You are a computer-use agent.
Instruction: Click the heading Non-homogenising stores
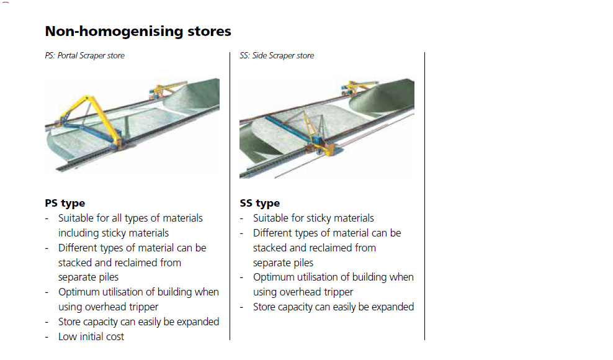(x=138, y=31)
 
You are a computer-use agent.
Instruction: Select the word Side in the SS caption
(x=261, y=56)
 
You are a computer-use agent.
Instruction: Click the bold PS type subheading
(x=65, y=203)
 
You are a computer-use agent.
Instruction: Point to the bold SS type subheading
(x=259, y=203)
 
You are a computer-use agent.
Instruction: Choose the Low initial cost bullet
(x=91, y=337)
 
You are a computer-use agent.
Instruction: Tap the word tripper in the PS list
(x=142, y=307)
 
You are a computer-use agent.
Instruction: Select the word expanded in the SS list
(x=392, y=307)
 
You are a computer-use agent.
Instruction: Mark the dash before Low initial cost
(x=48, y=337)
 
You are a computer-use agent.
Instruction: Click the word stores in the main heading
(x=212, y=31)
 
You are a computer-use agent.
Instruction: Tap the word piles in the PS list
(x=105, y=277)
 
